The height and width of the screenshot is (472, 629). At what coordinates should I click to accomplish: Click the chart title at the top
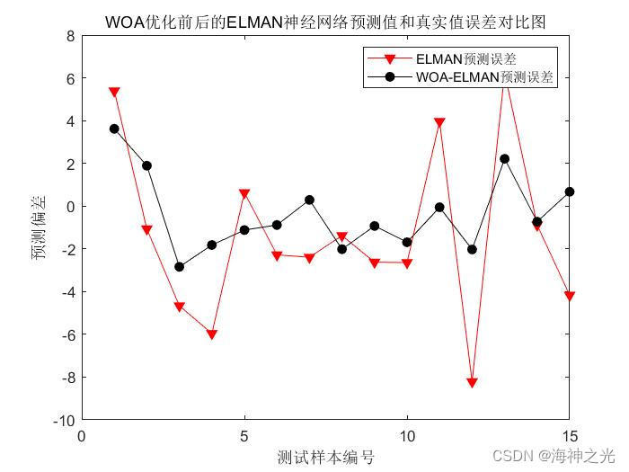tap(325, 22)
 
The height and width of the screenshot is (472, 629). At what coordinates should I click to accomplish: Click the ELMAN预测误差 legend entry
tap(465, 59)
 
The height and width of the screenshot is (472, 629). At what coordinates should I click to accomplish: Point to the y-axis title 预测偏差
tap(40, 227)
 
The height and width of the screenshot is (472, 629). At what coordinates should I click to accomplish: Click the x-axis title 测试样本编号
tap(325, 457)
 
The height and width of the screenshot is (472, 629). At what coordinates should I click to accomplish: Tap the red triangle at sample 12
tap(472, 383)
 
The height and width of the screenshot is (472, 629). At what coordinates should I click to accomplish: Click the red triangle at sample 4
tap(212, 334)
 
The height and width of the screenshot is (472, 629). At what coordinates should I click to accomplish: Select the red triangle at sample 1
tap(114, 92)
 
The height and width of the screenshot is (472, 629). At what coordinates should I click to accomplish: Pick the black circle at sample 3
tap(179, 267)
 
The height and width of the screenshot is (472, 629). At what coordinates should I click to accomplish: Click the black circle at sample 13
tap(504, 159)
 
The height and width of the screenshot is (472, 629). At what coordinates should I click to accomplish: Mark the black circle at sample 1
tap(114, 129)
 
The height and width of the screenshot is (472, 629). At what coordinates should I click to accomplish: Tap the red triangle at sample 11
tap(439, 122)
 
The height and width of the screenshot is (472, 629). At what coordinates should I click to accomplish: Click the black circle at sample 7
tap(309, 200)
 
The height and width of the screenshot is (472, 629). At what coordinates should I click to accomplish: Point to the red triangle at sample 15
tap(570, 296)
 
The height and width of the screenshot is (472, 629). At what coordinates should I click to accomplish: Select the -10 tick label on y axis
tap(63, 420)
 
